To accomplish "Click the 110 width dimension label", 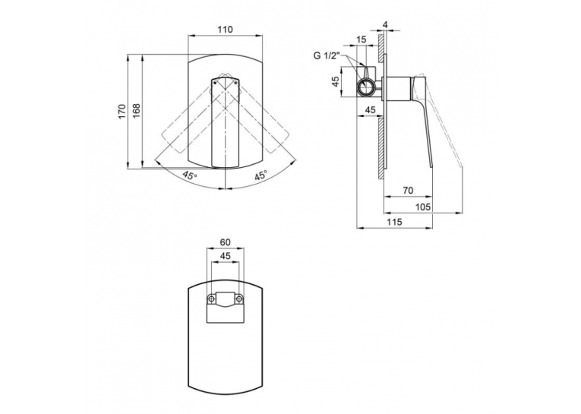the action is (226, 30).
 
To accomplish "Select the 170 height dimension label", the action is (122, 112).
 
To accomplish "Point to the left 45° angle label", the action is (190, 175).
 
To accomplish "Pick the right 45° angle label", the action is (261, 175).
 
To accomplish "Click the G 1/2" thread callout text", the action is (327, 56).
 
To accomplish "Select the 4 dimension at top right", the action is (385, 25).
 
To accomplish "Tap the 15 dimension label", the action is (362, 40).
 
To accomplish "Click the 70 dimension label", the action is (408, 191).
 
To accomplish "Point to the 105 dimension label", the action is (423, 207).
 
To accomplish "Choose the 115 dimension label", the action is (394, 223).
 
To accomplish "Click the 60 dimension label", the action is (226, 242).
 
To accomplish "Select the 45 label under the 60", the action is (226, 256).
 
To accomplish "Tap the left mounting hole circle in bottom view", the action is (212, 299).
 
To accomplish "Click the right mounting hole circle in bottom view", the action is (240, 299).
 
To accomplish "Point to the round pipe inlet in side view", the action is (367, 87).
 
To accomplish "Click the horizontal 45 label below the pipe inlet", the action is (370, 109).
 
